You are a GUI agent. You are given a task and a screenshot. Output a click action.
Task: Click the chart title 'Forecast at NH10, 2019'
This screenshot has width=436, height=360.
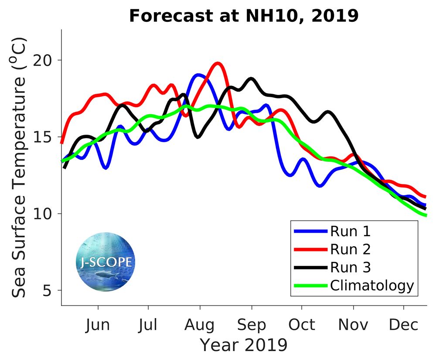(244, 16)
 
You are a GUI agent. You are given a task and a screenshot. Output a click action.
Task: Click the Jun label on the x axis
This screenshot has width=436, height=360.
(98, 325)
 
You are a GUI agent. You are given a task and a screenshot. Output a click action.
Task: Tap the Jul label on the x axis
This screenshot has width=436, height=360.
(149, 325)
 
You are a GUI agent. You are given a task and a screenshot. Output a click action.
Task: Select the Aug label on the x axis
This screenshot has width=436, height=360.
(200, 325)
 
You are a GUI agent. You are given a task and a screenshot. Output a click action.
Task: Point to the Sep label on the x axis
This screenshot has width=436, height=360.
(252, 325)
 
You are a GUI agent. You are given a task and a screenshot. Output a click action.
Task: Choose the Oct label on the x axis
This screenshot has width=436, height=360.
(302, 325)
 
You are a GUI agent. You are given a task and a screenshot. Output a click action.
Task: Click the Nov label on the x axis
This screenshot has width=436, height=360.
(354, 325)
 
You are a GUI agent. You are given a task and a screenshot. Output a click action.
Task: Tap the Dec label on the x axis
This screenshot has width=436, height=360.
(404, 325)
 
